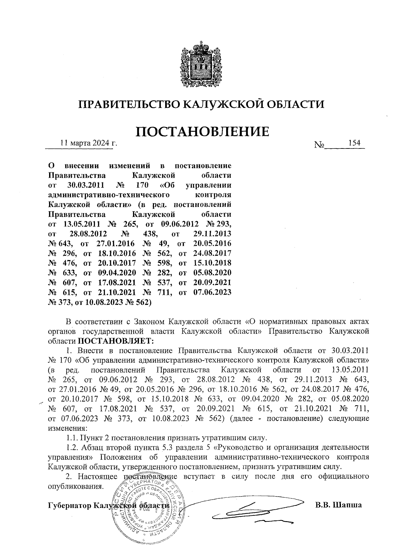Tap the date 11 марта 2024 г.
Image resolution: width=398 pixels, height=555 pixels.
(x=89, y=143)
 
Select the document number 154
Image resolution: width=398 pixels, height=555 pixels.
(x=354, y=143)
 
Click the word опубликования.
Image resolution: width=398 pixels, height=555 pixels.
(x=74, y=486)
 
